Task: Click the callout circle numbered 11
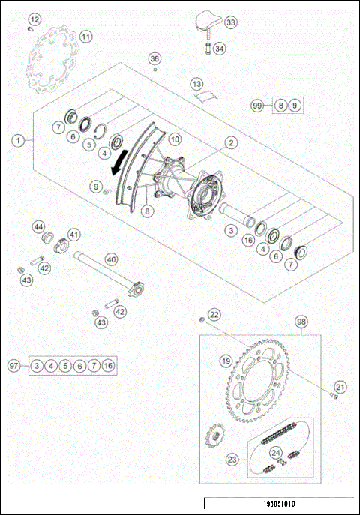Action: [x=86, y=36]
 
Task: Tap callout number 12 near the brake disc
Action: [x=35, y=19]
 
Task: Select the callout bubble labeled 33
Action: [x=230, y=23]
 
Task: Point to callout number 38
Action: [x=154, y=58]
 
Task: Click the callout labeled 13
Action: [x=196, y=84]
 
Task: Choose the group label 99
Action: [x=257, y=106]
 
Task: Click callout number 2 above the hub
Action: [x=232, y=141]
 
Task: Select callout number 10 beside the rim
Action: [x=174, y=139]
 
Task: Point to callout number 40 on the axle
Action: [x=111, y=259]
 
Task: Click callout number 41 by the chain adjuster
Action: [x=74, y=234]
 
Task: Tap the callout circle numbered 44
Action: [x=37, y=226]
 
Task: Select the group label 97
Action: [x=13, y=366]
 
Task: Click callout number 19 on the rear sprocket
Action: [x=224, y=361]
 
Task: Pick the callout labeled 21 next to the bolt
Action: [x=340, y=386]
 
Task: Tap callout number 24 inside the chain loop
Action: [x=277, y=452]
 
